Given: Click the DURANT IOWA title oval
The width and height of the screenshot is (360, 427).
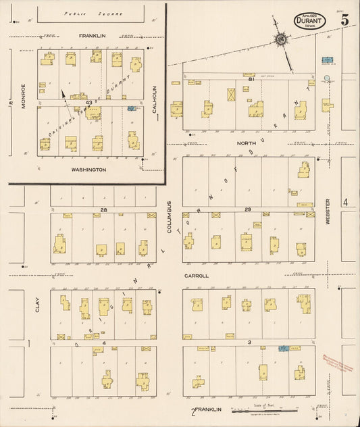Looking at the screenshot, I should pos(310,21).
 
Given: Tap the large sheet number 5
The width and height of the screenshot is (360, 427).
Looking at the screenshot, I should pos(345,20).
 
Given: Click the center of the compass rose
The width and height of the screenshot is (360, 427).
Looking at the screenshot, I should pos(279,41).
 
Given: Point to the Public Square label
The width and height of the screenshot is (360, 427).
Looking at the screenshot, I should pos(83,14).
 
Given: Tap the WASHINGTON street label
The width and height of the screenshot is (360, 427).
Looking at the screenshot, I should pos(89,170).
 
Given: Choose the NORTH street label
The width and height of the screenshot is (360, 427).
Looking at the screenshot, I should pos(243,143).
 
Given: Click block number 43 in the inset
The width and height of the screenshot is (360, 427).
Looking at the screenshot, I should pos(88,102).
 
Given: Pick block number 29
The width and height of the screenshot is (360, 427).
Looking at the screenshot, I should pos(248,210).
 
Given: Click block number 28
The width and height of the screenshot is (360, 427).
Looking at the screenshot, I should pos(103,210).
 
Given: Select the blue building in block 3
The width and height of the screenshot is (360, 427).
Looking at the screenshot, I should pos(284,348).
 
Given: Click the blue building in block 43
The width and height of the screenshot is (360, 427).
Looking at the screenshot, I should pos(131,108).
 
